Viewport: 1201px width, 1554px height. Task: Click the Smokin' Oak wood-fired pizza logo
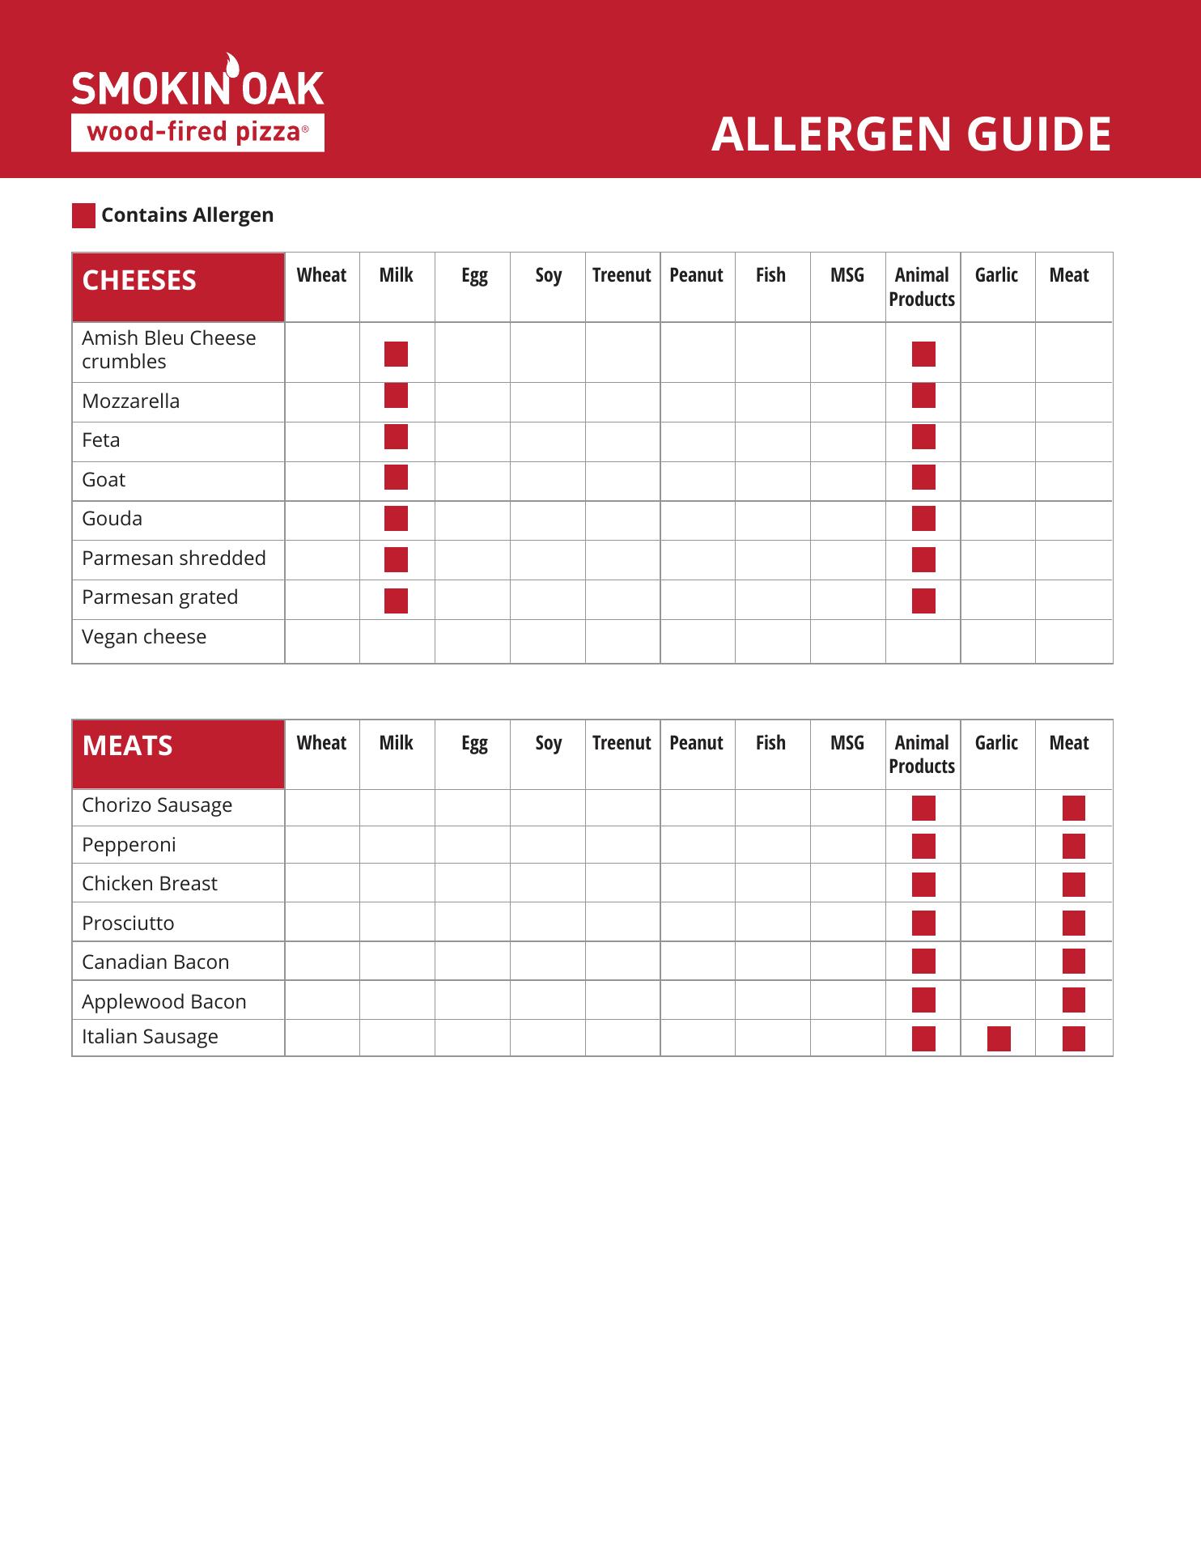point(197,104)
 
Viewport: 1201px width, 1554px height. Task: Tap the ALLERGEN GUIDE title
point(911,134)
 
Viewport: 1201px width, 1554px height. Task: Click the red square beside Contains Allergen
point(83,215)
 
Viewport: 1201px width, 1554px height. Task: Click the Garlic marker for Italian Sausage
point(999,1038)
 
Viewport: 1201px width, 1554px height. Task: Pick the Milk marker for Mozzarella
point(396,396)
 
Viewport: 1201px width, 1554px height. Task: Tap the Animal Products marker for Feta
point(923,437)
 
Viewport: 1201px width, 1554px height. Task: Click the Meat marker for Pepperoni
point(1074,847)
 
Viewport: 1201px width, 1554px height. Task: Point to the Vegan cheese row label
point(144,637)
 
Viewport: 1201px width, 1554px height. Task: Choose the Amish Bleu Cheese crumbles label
point(168,350)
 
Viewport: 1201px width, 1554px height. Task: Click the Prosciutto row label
point(128,923)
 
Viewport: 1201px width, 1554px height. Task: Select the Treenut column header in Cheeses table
point(622,275)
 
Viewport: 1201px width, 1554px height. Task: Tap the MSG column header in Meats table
point(847,743)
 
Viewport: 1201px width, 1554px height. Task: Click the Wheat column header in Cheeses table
point(321,275)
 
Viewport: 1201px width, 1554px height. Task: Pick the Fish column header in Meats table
point(770,743)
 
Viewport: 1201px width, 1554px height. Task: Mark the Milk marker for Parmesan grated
point(396,601)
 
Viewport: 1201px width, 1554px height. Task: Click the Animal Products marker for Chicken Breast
point(923,885)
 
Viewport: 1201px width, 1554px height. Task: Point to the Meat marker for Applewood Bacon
point(1074,1000)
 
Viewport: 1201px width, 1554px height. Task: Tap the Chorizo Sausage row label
point(157,805)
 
